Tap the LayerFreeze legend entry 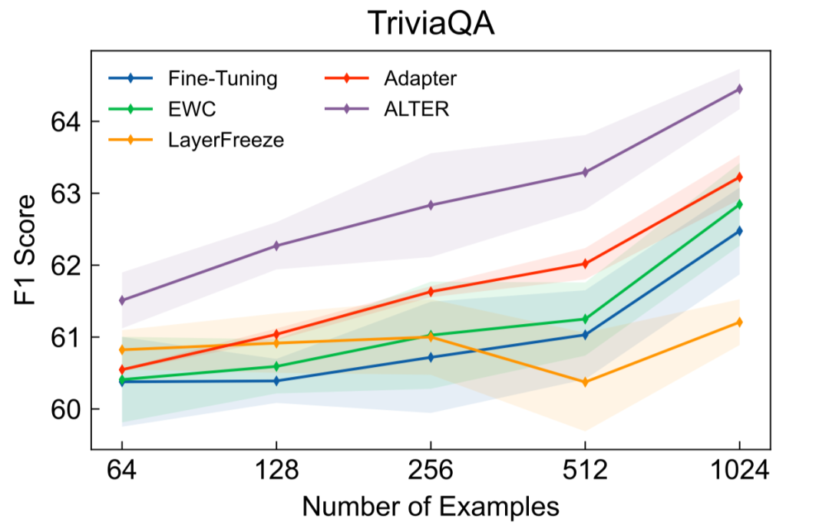226,141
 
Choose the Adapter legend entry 419,78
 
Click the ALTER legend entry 415,109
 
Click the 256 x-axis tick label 431,471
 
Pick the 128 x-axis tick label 276,471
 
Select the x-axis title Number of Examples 430,506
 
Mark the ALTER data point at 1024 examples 739,89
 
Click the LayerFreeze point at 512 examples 585,382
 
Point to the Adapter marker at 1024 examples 739,177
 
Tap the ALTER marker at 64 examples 122,300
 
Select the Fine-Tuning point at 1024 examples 739,230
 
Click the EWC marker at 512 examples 585,319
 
